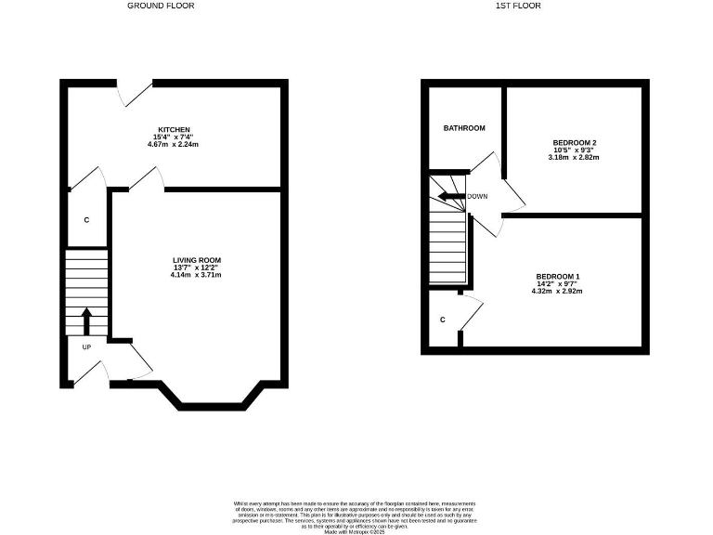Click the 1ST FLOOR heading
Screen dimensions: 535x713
coord(517,6)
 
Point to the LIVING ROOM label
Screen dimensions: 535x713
coord(197,260)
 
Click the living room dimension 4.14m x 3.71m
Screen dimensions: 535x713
coord(197,276)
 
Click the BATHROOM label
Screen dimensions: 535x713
coord(463,128)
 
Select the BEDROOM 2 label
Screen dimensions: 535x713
coord(575,142)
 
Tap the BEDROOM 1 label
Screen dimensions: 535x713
coord(558,277)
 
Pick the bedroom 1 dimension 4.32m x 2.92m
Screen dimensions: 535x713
coord(558,292)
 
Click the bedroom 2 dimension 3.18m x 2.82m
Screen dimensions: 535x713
coord(575,158)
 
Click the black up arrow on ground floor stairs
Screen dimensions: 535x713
coord(87,321)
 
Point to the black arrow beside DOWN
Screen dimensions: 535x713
coord(451,196)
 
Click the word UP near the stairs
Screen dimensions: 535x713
coord(86,348)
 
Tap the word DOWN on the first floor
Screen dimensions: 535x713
coord(477,197)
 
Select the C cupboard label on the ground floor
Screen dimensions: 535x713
coord(86,220)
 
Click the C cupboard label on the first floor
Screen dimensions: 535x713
coord(443,320)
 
